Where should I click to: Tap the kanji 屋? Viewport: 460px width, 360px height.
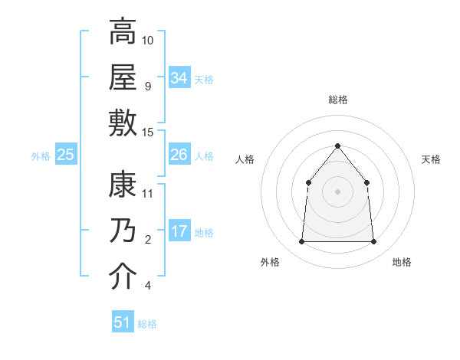tap(123, 77)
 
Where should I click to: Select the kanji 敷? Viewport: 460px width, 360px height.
tap(123, 123)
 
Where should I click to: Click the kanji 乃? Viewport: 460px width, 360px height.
tap(123, 231)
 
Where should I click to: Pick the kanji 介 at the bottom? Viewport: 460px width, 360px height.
tap(123, 277)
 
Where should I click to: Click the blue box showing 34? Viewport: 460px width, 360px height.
tap(179, 77)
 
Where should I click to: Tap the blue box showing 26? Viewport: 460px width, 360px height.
tap(179, 155)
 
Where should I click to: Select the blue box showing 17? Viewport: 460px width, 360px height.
tap(179, 231)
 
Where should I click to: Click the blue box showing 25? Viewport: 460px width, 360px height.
tap(66, 155)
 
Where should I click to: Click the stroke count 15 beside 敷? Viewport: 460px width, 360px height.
tap(148, 132)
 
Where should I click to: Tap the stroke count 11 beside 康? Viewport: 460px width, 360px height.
tap(148, 193)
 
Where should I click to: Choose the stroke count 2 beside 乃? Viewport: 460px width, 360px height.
tap(148, 240)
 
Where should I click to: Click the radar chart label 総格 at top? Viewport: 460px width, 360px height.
tap(337, 100)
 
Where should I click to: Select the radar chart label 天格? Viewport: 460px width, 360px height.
tap(432, 159)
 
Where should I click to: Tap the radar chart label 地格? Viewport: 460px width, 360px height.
tap(402, 262)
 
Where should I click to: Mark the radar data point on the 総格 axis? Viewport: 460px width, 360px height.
tap(337, 146)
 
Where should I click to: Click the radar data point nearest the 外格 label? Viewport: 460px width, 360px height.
tap(301, 242)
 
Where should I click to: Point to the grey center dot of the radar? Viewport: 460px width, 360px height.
tap(337, 191)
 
